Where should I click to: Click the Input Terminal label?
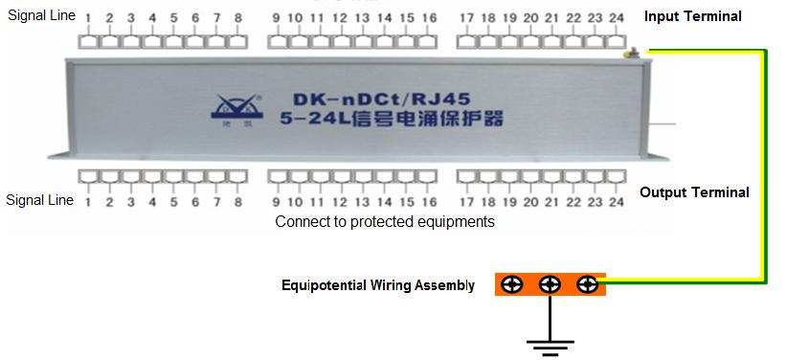692,16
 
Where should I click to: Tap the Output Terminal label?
694,192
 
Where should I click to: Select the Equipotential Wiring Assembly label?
377,285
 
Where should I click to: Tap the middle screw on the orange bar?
550,284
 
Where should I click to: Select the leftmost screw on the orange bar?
512,284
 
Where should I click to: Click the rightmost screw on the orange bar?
588,284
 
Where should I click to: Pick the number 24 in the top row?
616,18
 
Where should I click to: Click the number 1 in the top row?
88,18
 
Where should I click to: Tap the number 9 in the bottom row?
276,202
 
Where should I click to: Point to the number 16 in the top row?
429,18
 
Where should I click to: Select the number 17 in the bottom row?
466,202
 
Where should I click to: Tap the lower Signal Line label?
40,200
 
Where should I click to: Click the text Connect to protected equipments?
385,221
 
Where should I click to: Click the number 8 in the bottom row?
237,202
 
